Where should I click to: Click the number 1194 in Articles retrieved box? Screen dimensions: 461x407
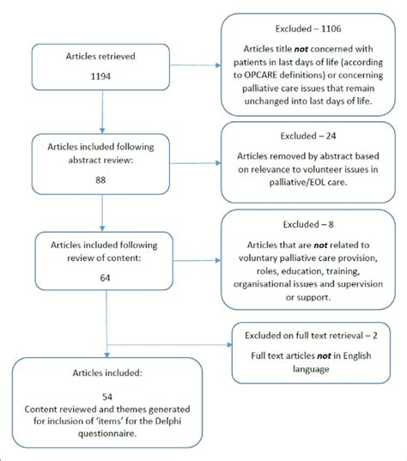click(102, 76)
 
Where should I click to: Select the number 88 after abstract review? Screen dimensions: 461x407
click(102, 181)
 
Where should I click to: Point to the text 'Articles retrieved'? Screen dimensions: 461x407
click(102, 58)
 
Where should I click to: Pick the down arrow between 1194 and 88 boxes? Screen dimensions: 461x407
click(102, 116)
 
